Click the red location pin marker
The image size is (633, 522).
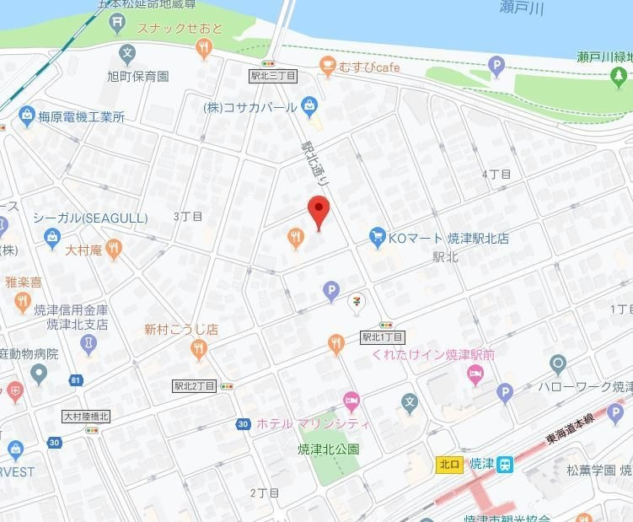[318, 211]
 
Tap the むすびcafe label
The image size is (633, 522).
[370, 67]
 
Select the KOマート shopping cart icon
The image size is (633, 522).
[377, 238]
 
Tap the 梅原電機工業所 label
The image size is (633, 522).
[82, 117]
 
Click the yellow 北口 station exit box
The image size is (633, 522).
[449, 464]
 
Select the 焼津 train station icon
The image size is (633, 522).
[504, 464]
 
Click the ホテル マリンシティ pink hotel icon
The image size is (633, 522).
[351, 401]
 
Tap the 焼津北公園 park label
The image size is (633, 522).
[329, 449]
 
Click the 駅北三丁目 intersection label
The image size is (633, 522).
[273, 76]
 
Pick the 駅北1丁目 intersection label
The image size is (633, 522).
[383, 336]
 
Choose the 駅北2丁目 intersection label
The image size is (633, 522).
[195, 385]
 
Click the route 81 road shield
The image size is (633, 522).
[76, 380]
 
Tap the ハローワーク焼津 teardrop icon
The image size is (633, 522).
[557, 365]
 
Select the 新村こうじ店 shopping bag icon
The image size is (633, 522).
[199, 350]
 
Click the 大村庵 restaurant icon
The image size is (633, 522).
[114, 249]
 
